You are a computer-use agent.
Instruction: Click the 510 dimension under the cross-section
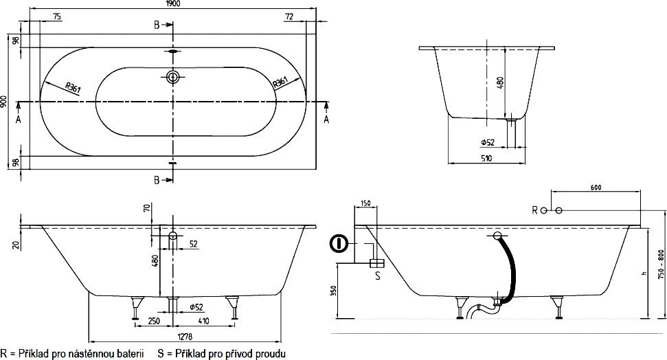486,159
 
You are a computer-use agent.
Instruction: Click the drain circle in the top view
172,78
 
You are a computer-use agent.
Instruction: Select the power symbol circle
338,243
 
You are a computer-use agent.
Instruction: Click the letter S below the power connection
376,276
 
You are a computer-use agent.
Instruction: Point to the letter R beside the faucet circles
533,210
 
